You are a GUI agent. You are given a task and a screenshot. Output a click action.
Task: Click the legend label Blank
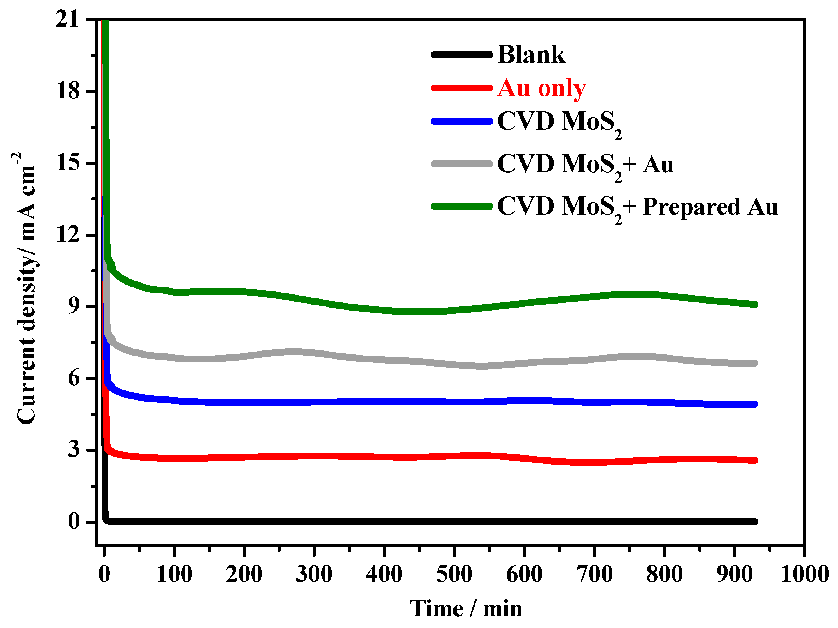(531, 54)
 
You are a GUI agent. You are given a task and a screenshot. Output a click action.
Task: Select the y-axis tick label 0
(74, 521)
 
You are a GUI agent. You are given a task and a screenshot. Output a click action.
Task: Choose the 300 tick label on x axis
(314, 574)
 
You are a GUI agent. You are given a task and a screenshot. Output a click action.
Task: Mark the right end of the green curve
(755, 304)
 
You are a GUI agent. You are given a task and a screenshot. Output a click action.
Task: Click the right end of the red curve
(755, 460)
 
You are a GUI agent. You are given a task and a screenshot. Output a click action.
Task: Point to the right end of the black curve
(755, 522)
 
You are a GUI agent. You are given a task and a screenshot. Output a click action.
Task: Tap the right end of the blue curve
(755, 404)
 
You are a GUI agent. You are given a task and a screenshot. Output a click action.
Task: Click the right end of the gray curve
(755, 363)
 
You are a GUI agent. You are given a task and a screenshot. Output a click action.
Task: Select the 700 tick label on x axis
(595, 574)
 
